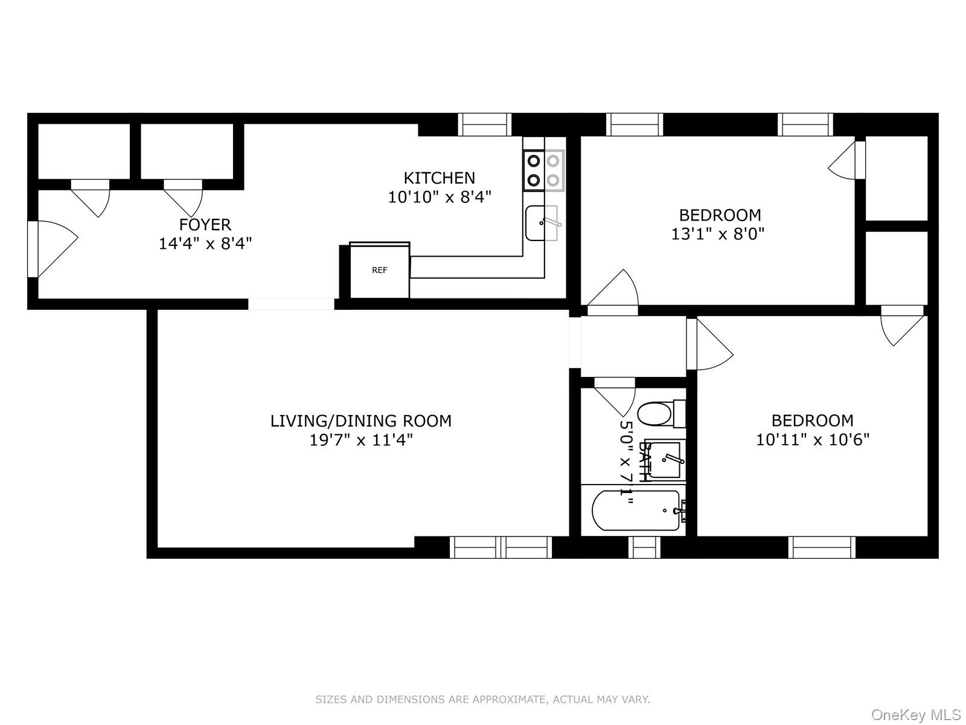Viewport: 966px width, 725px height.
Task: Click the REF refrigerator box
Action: click(380, 271)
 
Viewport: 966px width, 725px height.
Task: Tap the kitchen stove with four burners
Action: click(543, 170)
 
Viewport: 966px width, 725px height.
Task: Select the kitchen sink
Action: click(541, 223)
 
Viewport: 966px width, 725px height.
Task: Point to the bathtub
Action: click(636, 511)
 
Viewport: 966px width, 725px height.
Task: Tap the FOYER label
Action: click(205, 225)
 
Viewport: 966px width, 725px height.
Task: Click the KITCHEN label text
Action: click(439, 178)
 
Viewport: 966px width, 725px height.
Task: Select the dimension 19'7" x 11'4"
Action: click(360, 440)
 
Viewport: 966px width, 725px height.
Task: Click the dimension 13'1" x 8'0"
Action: click(718, 234)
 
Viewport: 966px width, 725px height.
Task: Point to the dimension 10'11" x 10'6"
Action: click(812, 440)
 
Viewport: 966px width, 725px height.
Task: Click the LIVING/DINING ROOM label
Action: click(360, 420)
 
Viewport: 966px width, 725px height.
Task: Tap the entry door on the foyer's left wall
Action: click(51, 249)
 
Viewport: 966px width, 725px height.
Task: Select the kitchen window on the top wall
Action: click(484, 124)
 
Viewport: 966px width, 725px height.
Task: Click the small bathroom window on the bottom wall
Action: click(644, 547)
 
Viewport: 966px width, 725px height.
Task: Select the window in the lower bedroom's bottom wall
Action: click(822, 547)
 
